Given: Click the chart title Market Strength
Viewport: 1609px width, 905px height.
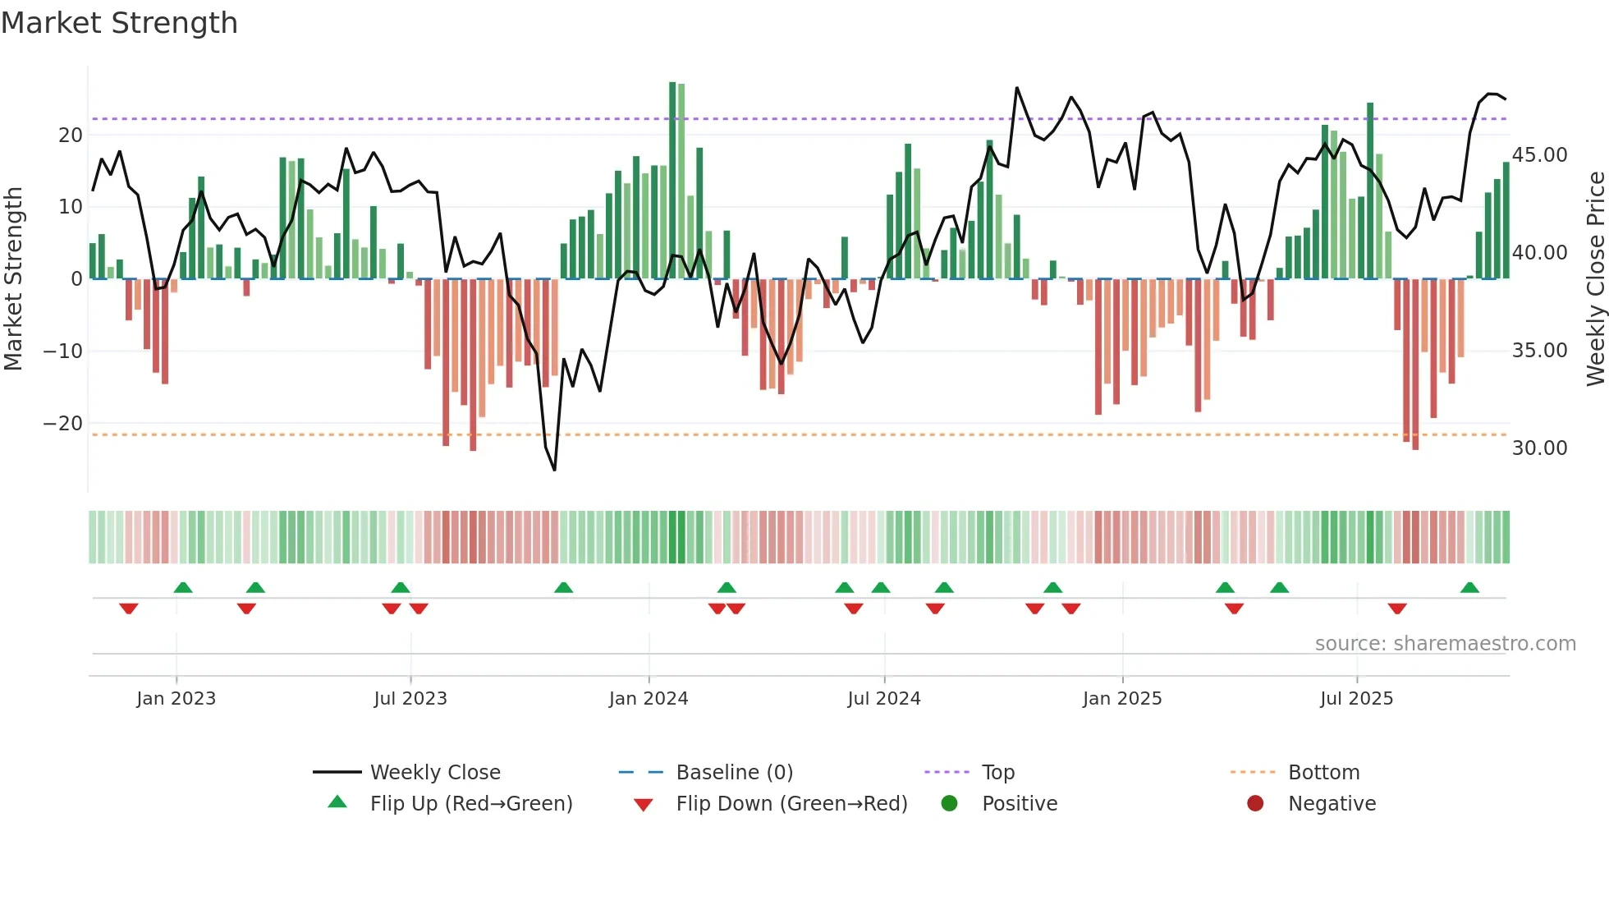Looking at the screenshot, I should [119, 23].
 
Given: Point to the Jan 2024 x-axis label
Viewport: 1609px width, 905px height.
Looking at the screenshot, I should [649, 699].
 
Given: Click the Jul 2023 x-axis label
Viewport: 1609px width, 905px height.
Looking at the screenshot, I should [410, 699].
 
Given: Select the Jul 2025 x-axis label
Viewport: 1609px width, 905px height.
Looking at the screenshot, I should [1356, 699].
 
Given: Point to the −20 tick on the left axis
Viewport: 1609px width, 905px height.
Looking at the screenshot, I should [63, 424].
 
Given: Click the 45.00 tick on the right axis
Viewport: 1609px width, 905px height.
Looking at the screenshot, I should [1539, 155].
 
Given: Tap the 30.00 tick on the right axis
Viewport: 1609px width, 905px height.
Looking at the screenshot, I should [1539, 448].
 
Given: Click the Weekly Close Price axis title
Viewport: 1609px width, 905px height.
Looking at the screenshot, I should [1595, 279].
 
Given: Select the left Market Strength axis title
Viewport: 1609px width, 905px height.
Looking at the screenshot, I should [13, 279].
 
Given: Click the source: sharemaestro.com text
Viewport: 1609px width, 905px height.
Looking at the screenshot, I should [1445, 644].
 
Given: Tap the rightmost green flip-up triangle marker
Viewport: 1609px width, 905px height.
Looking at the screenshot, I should [1469, 588].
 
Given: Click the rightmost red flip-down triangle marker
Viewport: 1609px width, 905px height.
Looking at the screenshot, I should [1397, 609].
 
